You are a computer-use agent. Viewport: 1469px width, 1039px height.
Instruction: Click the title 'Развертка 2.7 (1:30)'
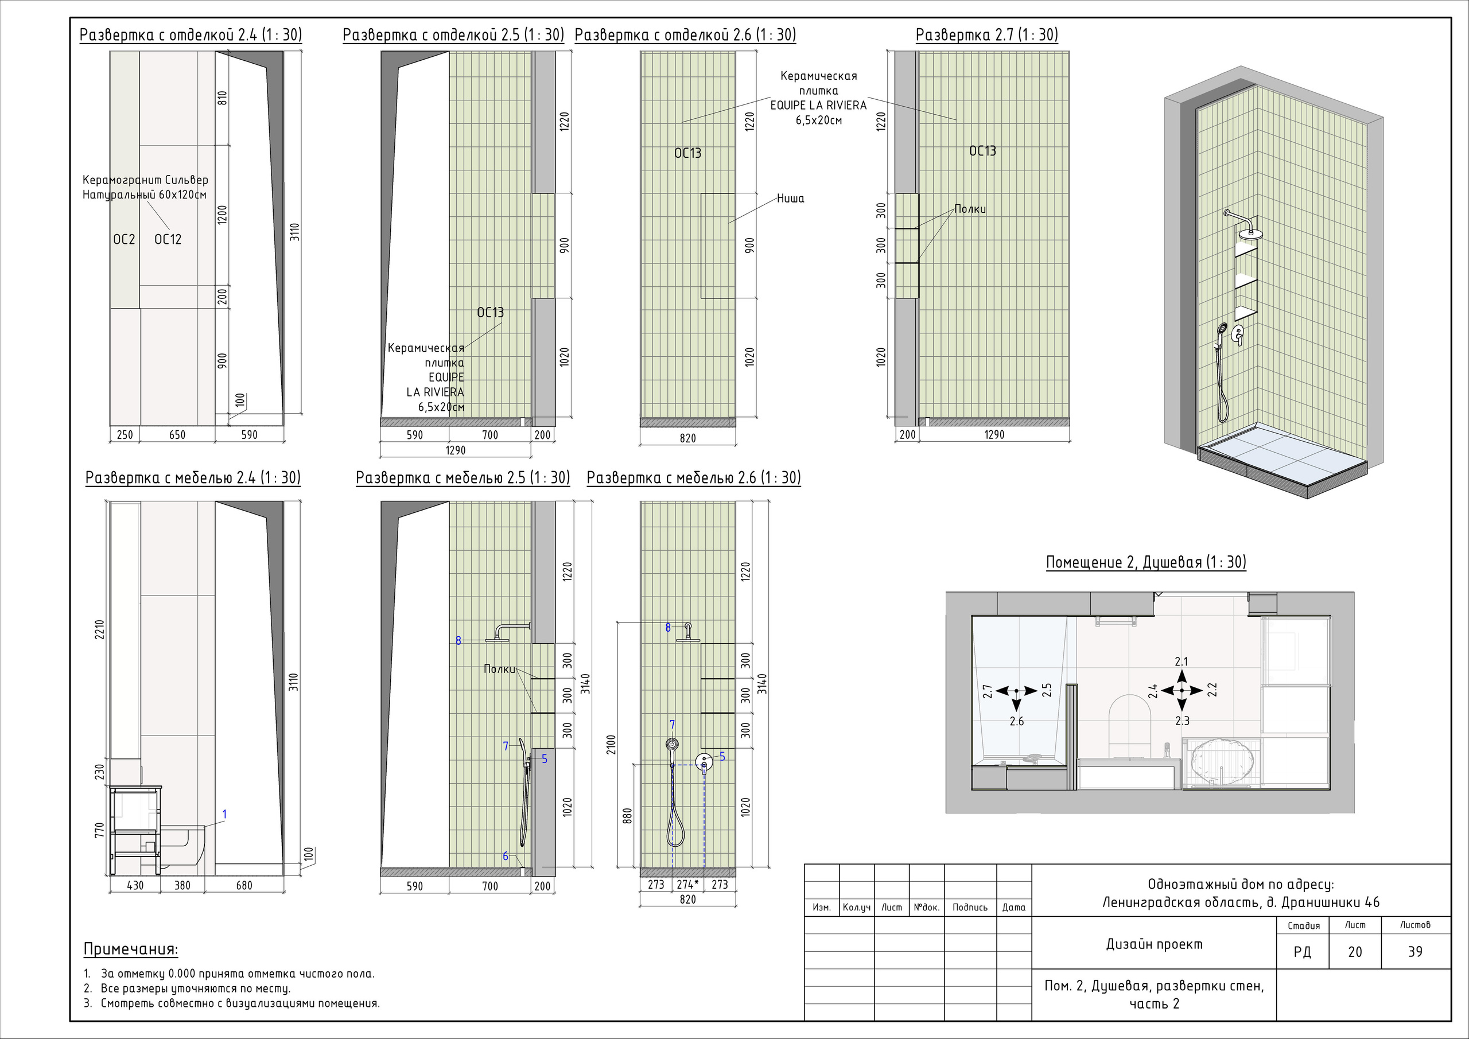point(986,34)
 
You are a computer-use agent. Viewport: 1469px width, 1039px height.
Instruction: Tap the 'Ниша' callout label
point(790,199)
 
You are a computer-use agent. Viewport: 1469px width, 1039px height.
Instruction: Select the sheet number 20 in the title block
point(1355,952)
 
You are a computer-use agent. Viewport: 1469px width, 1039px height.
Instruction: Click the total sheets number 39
point(1415,952)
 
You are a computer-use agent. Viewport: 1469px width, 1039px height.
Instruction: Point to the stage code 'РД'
point(1302,952)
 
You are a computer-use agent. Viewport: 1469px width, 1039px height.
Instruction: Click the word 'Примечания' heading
point(130,950)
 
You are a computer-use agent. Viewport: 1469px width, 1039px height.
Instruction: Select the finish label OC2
point(124,239)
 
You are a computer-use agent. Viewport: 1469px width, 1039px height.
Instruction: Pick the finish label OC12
point(168,239)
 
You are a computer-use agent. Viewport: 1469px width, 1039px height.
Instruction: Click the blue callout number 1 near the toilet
point(224,815)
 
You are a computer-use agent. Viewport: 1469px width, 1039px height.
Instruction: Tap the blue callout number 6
point(506,856)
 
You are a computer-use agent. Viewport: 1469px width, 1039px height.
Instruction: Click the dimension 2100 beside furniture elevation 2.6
point(611,744)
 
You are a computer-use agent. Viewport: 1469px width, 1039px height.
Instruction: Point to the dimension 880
point(628,816)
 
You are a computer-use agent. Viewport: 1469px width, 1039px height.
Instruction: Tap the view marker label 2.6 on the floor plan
point(1017,722)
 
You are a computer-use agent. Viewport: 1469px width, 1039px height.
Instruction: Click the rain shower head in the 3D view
point(1248,233)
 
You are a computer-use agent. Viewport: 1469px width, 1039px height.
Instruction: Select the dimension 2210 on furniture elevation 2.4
point(99,631)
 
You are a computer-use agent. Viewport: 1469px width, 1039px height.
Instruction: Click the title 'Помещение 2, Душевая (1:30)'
point(1146,562)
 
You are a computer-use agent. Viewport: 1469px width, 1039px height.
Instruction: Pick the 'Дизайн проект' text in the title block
point(1154,944)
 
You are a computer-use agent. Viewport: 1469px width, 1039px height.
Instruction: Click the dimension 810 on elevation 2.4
point(223,98)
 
